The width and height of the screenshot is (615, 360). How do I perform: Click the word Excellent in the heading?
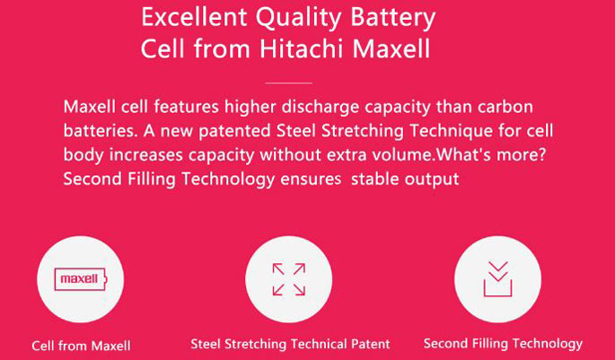pos(194,17)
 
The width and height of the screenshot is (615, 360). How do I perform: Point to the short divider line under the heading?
pos(289,83)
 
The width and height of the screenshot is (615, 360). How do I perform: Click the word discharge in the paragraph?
pos(321,108)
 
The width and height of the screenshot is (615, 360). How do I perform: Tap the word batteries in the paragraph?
pos(101,131)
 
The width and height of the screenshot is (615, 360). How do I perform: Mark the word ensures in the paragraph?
pos(311,180)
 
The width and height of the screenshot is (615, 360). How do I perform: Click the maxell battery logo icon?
pos(81,279)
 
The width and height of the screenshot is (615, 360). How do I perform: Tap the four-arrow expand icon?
pos(289,279)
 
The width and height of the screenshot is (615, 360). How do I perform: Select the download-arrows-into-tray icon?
pos(497,279)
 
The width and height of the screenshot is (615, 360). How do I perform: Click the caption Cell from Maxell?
pos(81,346)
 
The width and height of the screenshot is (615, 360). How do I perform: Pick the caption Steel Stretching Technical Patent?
pos(290,345)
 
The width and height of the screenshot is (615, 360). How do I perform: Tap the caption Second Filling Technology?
pos(503,344)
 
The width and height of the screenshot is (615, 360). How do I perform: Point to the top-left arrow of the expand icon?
pos(278,269)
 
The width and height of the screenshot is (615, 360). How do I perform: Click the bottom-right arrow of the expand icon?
pos(299,289)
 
